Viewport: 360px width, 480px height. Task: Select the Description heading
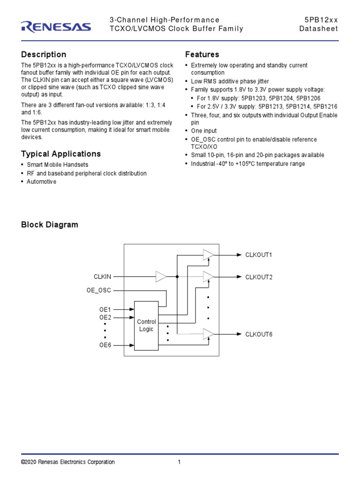[44, 54]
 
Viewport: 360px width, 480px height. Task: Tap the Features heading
[202, 54]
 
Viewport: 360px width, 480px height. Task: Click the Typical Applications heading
[61, 154]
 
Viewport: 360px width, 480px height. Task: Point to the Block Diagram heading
[50, 225]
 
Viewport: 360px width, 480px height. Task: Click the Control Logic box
[146, 325]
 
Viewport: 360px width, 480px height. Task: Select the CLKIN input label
[103, 277]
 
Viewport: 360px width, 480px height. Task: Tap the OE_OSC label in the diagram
[99, 291]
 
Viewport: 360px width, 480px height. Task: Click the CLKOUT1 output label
[259, 255]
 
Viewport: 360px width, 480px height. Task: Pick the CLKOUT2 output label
[259, 277]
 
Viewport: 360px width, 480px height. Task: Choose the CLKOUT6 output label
[259, 334]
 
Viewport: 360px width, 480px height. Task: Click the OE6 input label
[105, 345]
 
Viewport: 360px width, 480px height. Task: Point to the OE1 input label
[105, 309]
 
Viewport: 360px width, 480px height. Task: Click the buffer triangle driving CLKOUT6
[208, 334]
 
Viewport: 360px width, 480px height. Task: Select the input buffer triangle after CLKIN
[161, 277]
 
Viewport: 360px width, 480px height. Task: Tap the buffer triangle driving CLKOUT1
[208, 255]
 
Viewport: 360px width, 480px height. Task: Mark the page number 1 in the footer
[179, 462]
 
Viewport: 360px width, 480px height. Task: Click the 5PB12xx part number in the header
[321, 20]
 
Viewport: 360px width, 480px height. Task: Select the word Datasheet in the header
[319, 29]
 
